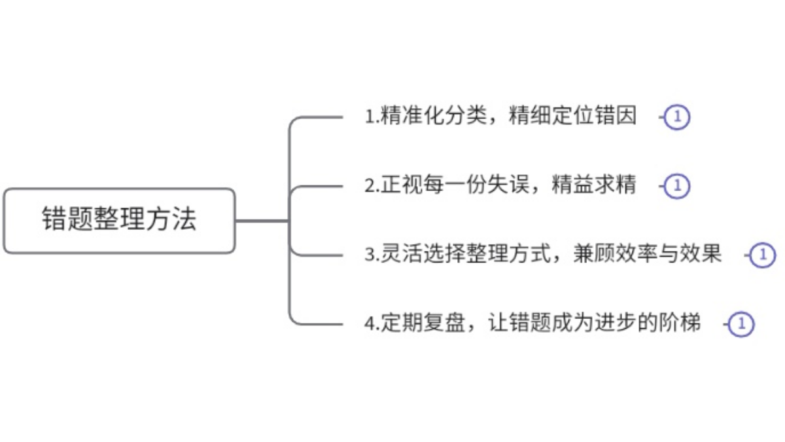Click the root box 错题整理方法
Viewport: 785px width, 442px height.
[x=119, y=221]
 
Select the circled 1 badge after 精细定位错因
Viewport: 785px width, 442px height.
[x=678, y=118]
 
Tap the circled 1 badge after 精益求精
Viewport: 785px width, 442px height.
[x=678, y=187]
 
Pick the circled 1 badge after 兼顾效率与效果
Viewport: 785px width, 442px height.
[x=763, y=255]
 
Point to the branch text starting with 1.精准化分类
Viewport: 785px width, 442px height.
[x=500, y=117]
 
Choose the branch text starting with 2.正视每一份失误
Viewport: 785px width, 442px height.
[x=500, y=186]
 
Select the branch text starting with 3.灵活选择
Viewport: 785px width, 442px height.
[x=543, y=254]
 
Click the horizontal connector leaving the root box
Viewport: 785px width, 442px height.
[x=262, y=221]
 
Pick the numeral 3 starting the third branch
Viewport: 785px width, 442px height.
[x=369, y=255]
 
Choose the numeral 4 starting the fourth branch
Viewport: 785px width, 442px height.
[x=369, y=324]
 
